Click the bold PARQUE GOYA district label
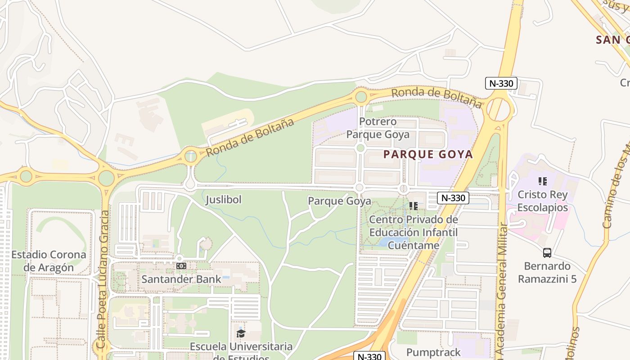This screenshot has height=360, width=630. (x=428, y=155)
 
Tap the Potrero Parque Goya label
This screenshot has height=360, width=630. (x=378, y=128)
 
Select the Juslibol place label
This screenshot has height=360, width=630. (x=224, y=199)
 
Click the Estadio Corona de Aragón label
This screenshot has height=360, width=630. (x=49, y=261)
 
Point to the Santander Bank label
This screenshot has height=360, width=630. (x=181, y=279)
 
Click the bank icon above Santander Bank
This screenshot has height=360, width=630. (x=181, y=266)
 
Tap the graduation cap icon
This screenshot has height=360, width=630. (x=241, y=333)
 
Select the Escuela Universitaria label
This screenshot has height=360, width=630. (x=241, y=347)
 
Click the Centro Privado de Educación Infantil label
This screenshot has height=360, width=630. (x=414, y=232)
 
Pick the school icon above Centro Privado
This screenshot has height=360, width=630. (x=414, y=206)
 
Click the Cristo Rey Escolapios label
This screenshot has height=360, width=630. (x=543, y=201)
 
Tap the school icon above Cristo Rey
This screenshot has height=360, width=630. (x=543, y=181)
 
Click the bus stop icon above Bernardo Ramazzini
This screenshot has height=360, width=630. (x=547, y=253)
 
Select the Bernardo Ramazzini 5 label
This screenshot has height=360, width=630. (x=547, y=272)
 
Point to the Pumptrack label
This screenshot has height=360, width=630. (x=433, y=352)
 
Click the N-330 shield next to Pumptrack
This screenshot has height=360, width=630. (x=369, y=356)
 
